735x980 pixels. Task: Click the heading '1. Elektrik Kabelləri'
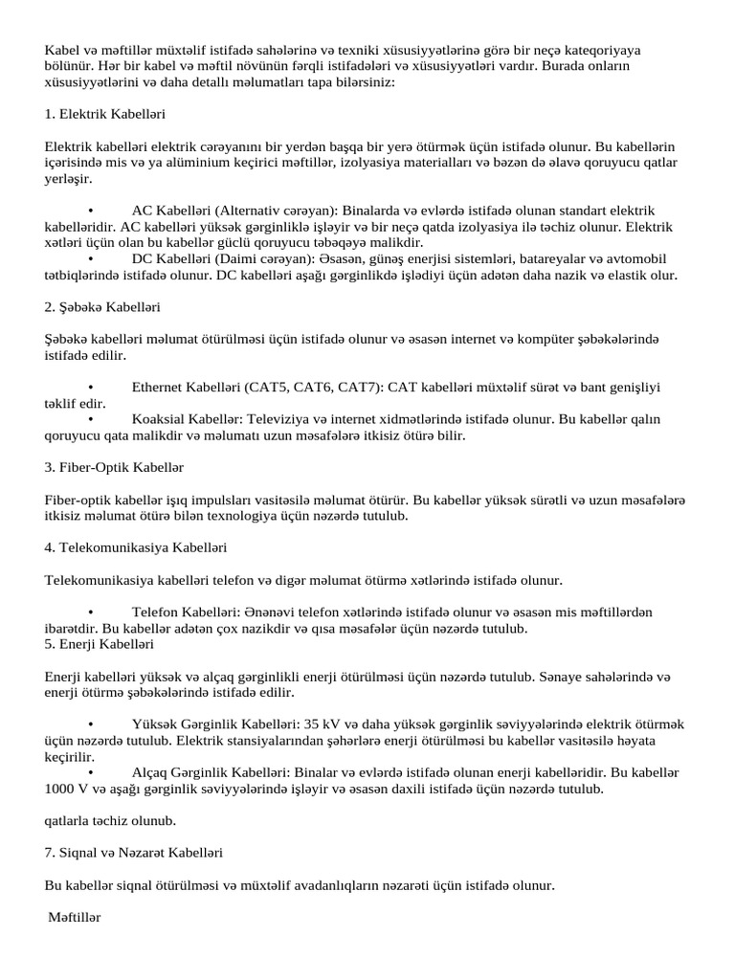click(105, 114)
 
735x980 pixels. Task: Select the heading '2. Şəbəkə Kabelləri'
click(102, 307)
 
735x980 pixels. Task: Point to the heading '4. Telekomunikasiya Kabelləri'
click(135, 548)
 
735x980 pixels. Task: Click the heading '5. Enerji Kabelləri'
click(99, 645)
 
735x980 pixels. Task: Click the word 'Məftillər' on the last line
click(75, 918)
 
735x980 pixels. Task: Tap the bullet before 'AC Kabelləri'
click(90, 211)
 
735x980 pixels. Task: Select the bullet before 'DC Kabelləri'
click(90, 259)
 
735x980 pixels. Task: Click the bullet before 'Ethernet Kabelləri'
click(90, 388)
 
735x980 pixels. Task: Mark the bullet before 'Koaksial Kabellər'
click(90, 420)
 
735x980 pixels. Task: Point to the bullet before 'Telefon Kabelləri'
click(90, 612)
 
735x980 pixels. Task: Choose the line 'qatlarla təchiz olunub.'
click(110, 821)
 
